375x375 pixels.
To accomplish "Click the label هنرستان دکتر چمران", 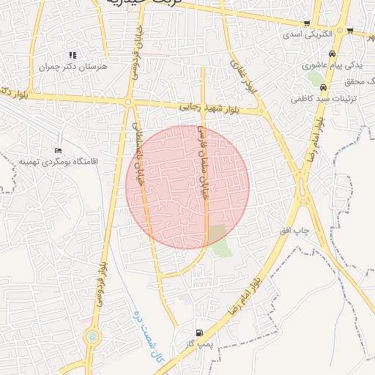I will [x=73, y=66].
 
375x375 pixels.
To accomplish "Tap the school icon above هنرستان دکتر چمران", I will [x=72, y=55].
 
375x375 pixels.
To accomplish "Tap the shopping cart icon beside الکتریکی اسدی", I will [x=351, y=31].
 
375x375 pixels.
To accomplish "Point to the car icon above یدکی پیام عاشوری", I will [x=333, y=54].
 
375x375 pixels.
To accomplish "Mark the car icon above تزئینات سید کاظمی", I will [x=323, y=86].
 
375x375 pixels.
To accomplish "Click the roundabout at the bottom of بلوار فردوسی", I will [x=92, y=338].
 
